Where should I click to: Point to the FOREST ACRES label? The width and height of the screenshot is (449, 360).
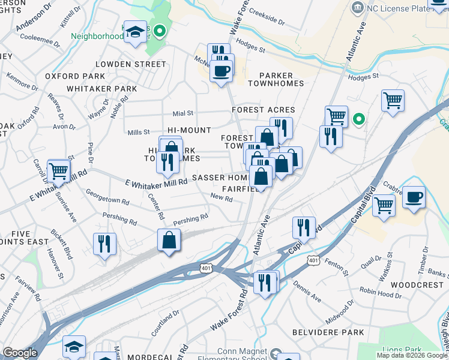tap(264, 110)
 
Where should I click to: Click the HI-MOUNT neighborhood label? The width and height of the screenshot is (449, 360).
tap(189, 130)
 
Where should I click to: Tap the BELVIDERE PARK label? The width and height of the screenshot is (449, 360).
tap(328, 332)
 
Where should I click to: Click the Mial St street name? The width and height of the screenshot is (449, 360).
tap(183, 113)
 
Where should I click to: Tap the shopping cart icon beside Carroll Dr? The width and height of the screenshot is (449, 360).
tap(58, 171)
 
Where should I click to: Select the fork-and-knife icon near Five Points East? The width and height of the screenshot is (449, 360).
tap(105, 244)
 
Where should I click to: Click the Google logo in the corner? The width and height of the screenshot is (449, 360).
tap(20, 353)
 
